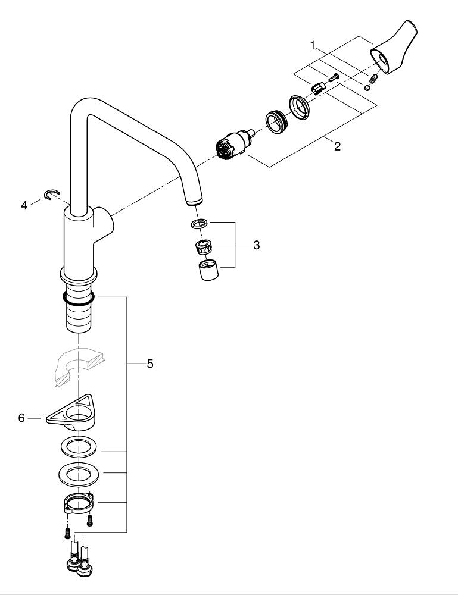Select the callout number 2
coord(337,147)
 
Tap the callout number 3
coord(256,245)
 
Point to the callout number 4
coord(24,205)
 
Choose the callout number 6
coord(21,418)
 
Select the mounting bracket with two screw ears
coord(77,503)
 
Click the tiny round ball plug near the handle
coord(368,87)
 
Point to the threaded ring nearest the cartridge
coord(275,124)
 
